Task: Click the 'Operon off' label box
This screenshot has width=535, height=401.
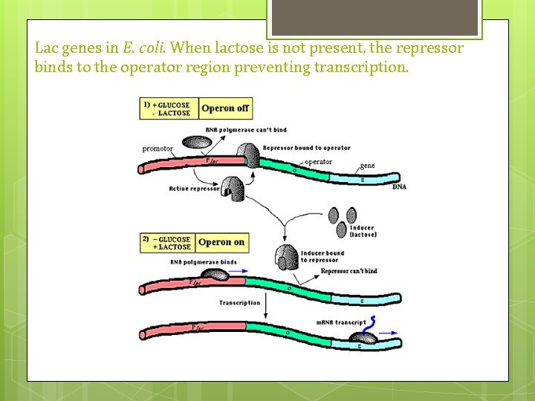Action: [225, 108]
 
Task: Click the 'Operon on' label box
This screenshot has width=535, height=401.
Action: [221, 242]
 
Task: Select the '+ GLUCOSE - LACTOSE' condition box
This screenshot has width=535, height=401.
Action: [169, 108]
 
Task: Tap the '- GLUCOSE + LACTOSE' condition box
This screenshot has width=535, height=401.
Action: [169, 243]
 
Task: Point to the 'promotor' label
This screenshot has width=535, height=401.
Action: [158, 149]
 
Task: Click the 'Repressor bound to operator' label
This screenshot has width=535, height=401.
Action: [306, 148]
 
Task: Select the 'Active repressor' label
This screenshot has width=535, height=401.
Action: [195, 189]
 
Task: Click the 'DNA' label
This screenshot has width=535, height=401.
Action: [399, 187]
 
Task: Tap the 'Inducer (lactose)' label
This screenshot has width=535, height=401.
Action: [363, 231]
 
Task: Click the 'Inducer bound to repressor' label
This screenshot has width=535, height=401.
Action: [322, 257]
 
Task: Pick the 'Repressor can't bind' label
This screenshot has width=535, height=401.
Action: [348, 271]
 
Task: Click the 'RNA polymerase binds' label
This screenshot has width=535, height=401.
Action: [203, 262]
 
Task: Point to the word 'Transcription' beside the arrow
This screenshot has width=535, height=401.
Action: [239, 303]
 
